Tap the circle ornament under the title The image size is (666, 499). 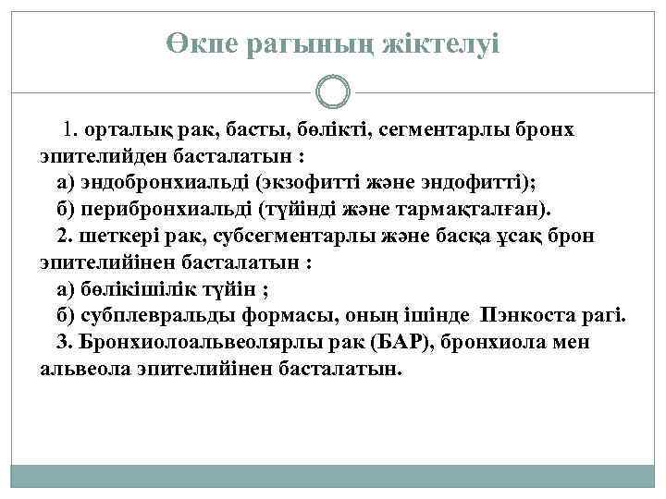(x=332, y=92)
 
